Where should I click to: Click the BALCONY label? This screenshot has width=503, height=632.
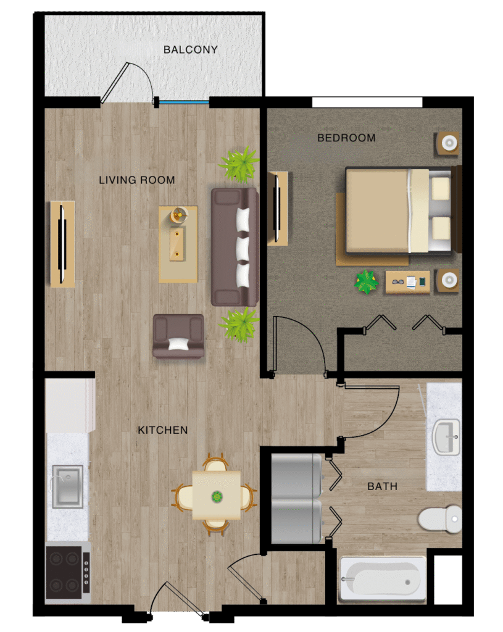pos(190,49)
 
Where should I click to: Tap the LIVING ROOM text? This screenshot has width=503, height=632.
pos(137,180)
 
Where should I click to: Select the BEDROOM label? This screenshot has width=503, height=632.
pos(347,138)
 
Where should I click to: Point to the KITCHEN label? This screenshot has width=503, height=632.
pos(163,430)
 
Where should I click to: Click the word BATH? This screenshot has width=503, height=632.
pos(383,486)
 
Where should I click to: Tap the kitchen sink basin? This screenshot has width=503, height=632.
pos(68,486)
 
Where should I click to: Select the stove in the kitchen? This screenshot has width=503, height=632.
pos(68,572)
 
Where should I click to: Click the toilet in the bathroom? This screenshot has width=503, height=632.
pos(440,518)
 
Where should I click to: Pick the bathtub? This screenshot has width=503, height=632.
pos(383,580)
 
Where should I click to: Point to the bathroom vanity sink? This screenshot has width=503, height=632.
pos(446,437)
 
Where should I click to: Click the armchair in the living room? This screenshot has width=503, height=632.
pos(178,336)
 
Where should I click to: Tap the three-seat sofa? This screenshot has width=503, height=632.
pos(235,247)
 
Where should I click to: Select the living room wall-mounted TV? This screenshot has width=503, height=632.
pos(62,244)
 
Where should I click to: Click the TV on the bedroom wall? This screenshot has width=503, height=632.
pos(277,208)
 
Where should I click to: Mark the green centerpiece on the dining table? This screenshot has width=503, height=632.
pos(217,497)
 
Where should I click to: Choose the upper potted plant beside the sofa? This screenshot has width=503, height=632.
pos(240,164)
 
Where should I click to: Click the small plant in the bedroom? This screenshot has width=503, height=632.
pos(367,281)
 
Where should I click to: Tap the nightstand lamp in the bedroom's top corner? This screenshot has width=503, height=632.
pos(449,143)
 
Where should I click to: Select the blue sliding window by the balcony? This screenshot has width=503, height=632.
pos(184,102)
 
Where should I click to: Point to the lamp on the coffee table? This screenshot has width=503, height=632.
pos(179,215)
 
